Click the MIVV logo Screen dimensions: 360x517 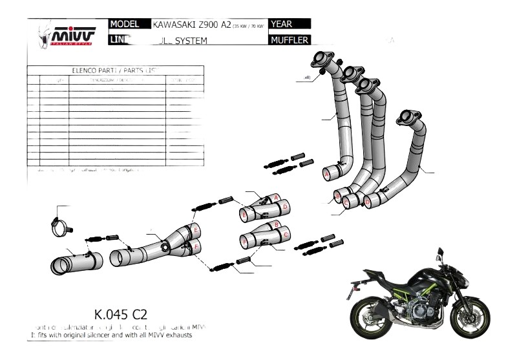(73, 34)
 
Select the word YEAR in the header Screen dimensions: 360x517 (283, 25)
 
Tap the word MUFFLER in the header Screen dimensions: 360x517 (290, 40)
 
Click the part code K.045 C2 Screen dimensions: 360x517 (120, 315)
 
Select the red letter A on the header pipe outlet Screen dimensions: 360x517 (326, 174)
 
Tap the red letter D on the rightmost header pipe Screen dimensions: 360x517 (368, 202)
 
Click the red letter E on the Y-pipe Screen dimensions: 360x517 (195, 229)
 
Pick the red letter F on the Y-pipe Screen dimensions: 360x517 (196, 247)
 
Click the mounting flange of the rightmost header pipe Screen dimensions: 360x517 (408, 118)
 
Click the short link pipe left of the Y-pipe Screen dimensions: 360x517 (77, 262)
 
